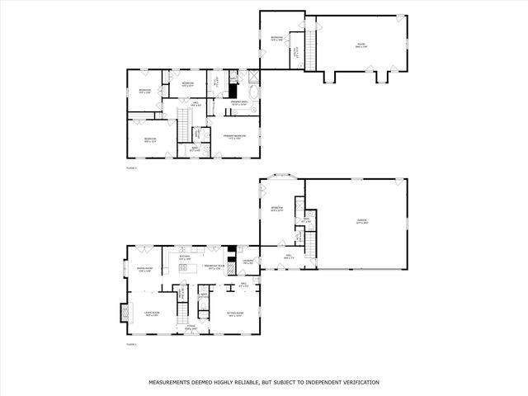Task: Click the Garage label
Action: point(361,221)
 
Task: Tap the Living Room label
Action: point(152,314)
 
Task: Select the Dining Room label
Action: point(144,269)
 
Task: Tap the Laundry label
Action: point(248,262)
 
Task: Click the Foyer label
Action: point(190,328)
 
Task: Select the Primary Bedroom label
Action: point(235,136)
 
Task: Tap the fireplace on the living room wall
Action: point(125,313)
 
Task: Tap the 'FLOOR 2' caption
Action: point(130,167)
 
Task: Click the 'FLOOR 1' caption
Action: point(130,344)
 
